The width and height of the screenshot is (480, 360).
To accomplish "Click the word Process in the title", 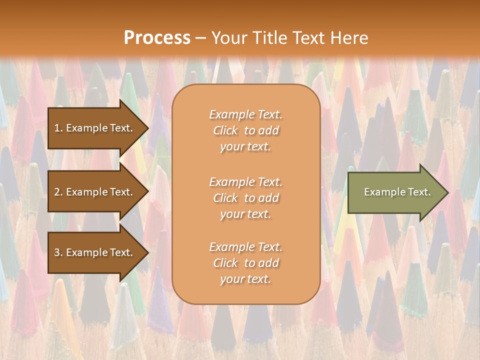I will point(157,38).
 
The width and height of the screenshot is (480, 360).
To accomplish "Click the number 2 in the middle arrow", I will point(57,192).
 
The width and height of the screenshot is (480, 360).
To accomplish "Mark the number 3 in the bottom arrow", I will point(57,252).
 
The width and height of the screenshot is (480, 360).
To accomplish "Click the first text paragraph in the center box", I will point(245,130).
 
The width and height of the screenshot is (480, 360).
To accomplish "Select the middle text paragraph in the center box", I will point(245,198).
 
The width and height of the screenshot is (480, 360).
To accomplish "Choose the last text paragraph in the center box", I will point(245,263).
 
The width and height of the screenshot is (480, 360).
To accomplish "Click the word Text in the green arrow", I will point(419,192).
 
